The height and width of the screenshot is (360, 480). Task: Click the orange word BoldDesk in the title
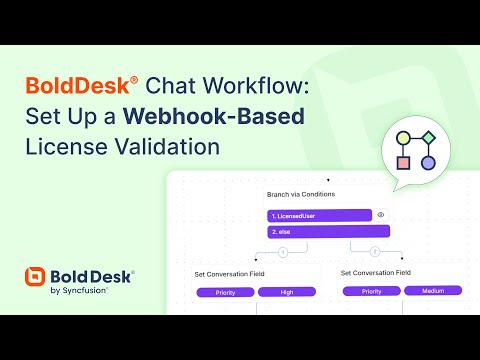point(77,85)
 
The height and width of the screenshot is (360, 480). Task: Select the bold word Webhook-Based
point(214,116)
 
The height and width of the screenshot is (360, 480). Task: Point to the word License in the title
point(67,147)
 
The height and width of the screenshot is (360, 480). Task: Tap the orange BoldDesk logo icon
point(35,277)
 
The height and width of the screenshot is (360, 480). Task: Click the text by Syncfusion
point(79,291)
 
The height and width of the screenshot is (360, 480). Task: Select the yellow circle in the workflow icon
point(403,138)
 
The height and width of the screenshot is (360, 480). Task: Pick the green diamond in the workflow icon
point(428,137)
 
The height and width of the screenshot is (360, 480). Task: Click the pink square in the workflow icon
point(403,163)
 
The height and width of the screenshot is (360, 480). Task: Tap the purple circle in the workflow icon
point(428,163)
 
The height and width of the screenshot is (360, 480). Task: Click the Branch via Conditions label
point(301,194)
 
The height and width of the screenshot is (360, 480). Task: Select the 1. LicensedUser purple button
point(319,216)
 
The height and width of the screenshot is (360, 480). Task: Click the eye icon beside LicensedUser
point(381,215)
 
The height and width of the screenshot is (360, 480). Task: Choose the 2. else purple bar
point(328,231)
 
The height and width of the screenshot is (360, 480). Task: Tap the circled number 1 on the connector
point(283,252)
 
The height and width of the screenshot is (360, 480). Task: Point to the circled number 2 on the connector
point(375,251)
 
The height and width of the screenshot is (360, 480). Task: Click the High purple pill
point(287,292)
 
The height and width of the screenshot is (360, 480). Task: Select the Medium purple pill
point(433,291)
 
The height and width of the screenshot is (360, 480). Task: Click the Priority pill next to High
point(225,292)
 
